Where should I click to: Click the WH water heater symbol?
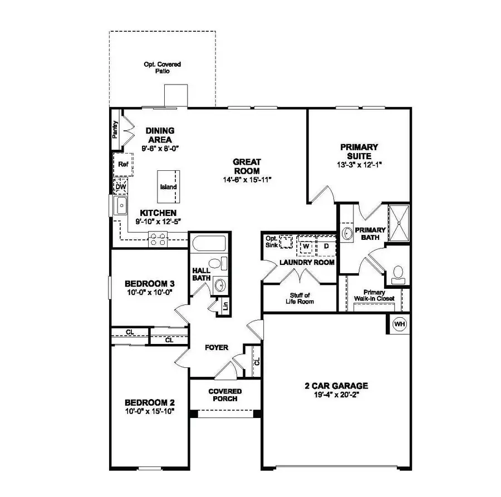tap(399, 323)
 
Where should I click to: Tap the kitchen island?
tap(168, 186)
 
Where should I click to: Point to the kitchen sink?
tap(121, 206)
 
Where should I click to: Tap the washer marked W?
tap(306, 245)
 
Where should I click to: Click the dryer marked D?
tap(326, 245)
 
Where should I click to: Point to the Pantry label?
tap(115, 129)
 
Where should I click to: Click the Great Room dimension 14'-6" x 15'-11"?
tap(247, 180)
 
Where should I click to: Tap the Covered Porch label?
tap(225, 395)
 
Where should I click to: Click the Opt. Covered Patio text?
tap(162, 68)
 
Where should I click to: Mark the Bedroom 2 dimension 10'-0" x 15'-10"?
tap(150, 412)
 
